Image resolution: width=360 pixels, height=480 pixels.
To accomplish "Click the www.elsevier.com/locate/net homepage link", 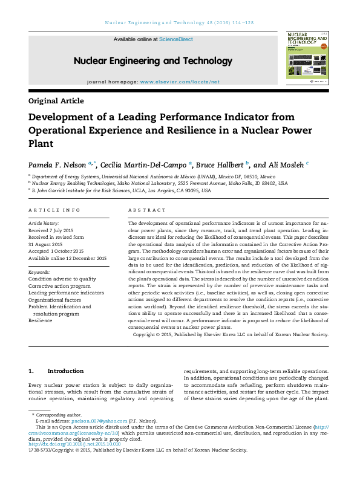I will (180, 81).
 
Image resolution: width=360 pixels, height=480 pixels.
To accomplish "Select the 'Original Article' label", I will (56, 101).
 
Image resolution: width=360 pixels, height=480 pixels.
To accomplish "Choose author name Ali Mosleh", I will (287, 164).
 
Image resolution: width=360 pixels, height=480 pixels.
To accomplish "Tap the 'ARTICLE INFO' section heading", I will (54, 210).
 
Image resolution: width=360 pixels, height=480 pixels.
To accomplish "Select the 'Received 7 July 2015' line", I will (51, 230).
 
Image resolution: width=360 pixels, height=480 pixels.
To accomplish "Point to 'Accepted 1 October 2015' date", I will (56, 251).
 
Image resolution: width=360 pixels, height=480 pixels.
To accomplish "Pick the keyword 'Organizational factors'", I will (54, 299).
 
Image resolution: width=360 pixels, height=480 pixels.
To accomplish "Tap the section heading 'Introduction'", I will (65, 371).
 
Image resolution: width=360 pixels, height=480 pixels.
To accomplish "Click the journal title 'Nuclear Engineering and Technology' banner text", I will (145, 61).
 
